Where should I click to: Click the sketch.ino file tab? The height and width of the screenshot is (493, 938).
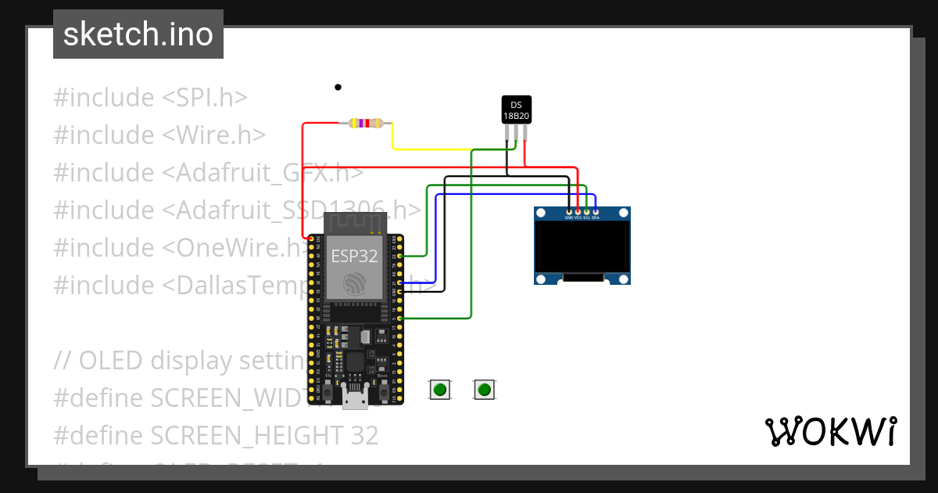pyautogui.click(x=138, y=34)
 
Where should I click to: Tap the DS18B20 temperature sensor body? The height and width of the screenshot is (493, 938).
pyautogui.click(x=516, y=110)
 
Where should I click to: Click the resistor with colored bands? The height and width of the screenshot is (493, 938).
pyautogui.click(x=366, y=123)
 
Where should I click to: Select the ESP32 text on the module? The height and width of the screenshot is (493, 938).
pyautogui.click(x=354, y=256)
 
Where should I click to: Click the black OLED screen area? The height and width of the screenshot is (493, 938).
pyautogui.click(x=582, y=245)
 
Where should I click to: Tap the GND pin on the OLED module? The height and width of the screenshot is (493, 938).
pyautogui.click(x=569, y=211)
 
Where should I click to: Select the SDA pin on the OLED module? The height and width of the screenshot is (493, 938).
pyautogui.click(x=596, y=211)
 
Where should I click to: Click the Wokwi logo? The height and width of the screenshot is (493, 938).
pyautogui.click(x=830, y=431)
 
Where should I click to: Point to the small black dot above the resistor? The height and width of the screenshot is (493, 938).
pyautogui.click(x=338, y=87)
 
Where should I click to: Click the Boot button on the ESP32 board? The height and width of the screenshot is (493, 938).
pyautogui.click(x=383, y=389)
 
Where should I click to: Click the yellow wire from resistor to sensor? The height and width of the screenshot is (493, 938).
pyautogui.click(x=430, y=148)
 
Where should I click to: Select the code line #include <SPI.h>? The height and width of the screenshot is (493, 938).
pyautogui.click(x=150, y=98)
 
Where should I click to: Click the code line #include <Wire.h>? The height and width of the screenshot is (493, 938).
pyautogui.click(x=159, y=135)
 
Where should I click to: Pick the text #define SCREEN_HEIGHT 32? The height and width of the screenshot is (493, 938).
pyautogui.click(x=216, y=435)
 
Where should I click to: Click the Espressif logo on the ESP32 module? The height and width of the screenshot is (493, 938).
pyautogui.click(x=355, y=284)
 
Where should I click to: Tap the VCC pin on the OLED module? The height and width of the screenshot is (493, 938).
pyautogui.click(x=578, y=211)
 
